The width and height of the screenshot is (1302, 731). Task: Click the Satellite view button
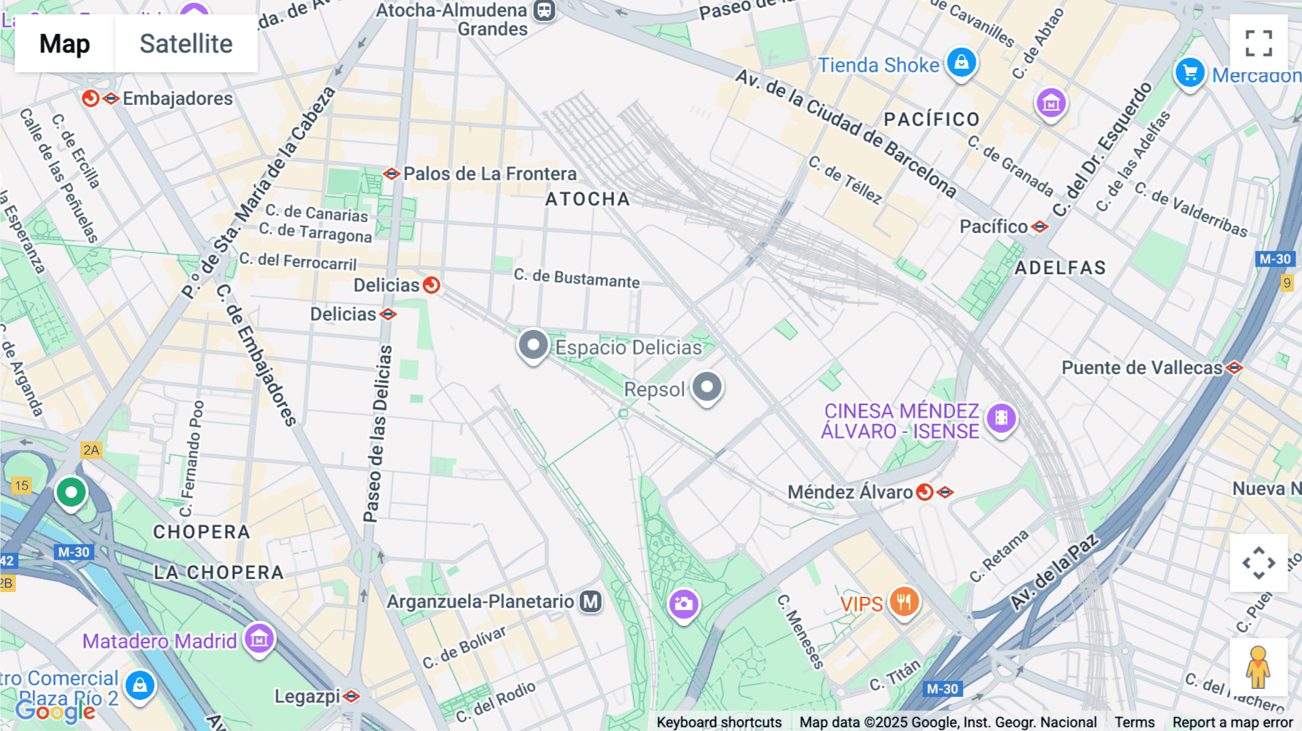[x=186, y=43]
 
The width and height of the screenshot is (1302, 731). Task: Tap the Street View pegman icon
[x=1258, y=667]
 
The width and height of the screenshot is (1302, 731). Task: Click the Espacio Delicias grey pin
[x=533, y=345]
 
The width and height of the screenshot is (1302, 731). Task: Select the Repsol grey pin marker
[x=707, y=386]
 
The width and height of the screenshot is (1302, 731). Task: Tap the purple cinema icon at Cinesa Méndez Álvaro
[x=1001, y=418]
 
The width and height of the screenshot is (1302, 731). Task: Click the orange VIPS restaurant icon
[x=903, y=601]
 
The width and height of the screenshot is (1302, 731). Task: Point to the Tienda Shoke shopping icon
[x=961, y=63]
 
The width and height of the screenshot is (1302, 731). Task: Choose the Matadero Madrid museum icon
[x=259, y=638]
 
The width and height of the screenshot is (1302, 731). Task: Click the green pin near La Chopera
[x=71, y=493]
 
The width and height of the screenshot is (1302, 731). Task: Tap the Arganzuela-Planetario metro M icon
[x=591, y=601]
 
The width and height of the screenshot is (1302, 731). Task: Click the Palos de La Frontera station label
[x=490, y=174]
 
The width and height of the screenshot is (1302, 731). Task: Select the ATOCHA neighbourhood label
[x=587, y=199]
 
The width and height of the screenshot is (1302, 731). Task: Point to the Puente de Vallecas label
[x=1141, y=368]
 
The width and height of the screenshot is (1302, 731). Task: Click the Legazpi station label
[x=307, y=696]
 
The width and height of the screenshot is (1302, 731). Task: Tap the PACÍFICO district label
[x=932, y=119]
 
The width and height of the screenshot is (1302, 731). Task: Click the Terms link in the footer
[x=1134, y=722]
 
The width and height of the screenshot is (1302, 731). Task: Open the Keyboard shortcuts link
[x=719, y=722]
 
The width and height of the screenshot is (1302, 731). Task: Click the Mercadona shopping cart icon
[x=1190, y=73]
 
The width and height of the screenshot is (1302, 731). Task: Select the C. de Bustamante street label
[x=576, y=279]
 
